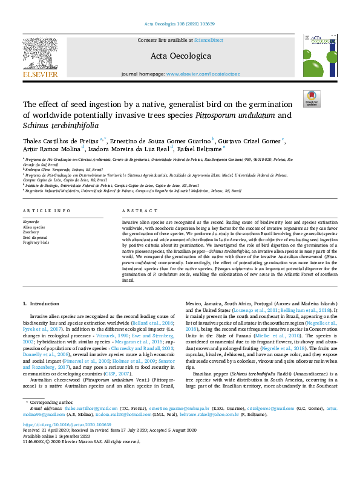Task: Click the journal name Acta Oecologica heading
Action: [180, 56]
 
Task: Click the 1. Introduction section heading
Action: [41, 302]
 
